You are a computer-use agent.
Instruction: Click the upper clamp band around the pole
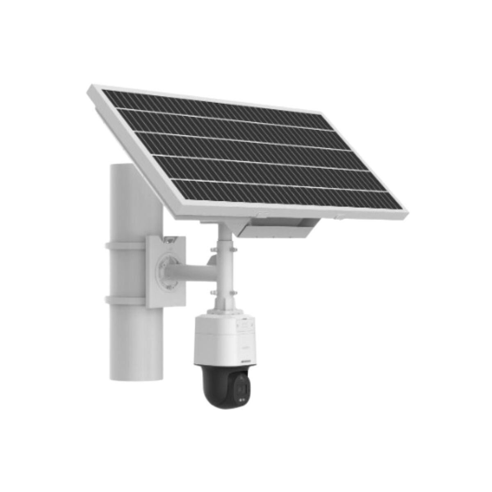pyautogui.click(x=125, y=246)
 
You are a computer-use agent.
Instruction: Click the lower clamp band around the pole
pyautogui.click(x=125, y=300)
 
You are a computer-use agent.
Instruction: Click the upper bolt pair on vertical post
pyautogui.click(x=223, y=249)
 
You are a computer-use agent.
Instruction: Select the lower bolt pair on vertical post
pyautogui.click(x=223, y=292)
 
